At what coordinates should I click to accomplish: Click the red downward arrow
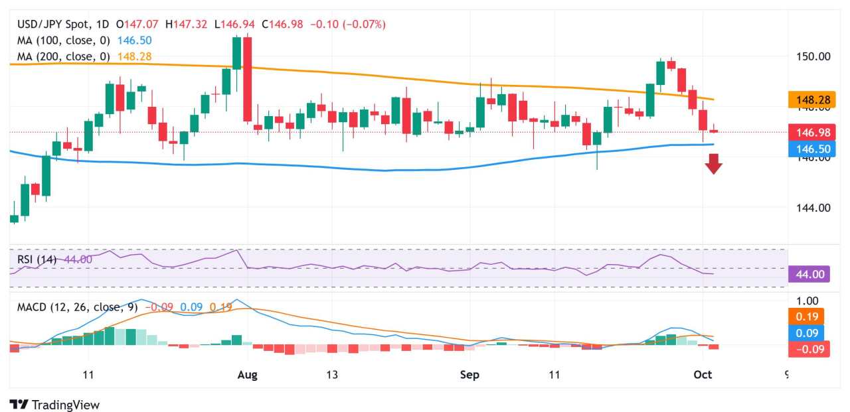tap(713, 163)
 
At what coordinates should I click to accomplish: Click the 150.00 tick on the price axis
tap(814, 56)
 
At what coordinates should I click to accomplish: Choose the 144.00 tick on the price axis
tap(814, 208)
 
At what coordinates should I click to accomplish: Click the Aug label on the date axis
tap(247, 375)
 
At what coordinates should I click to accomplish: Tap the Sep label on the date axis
tap(469, 375)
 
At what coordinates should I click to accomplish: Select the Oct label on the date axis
tap(703, 375)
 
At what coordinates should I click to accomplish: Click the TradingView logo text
tap(65, 405)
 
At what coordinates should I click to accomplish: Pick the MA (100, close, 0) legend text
tap(64, 40)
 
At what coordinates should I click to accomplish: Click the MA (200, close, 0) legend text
tap(64, 57)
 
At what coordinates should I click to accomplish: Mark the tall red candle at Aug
tap(248, 80)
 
